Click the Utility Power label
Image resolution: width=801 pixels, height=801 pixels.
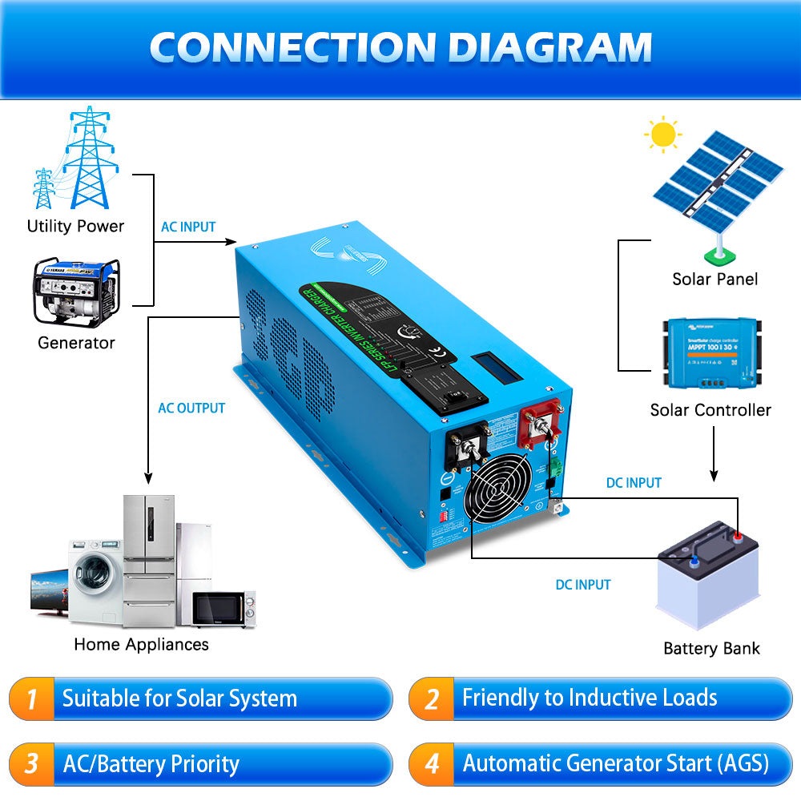(x=75, y=226)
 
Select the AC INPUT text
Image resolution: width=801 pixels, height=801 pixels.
(x=188, y=227)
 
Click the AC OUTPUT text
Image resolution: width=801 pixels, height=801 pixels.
(x=191, y=408)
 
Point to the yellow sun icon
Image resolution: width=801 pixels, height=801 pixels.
(x=663, y=134)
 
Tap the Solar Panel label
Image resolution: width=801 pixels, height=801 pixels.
(x=714, y=279)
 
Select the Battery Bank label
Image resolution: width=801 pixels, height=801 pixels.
(x=711, y=648)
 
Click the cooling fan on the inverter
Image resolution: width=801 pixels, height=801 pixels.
(x=501, y=489)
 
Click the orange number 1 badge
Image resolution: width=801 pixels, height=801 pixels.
(x=31, y=698)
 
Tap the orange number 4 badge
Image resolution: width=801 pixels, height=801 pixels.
(x=432, y=763)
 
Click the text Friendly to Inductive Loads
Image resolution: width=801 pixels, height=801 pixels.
(x=589, y=698)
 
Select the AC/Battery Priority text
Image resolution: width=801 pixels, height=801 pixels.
(x=151, y=763)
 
